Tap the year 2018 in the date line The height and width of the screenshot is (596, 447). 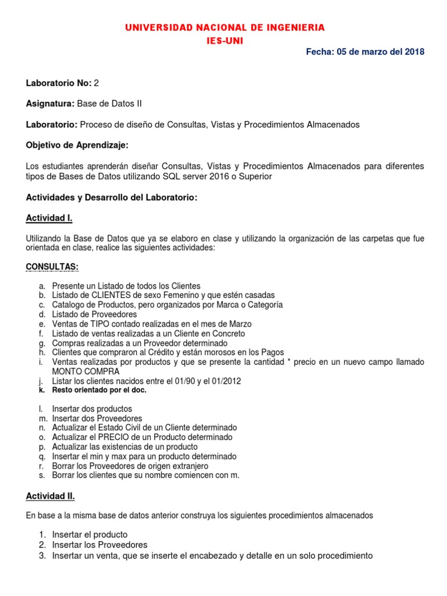tap(415, 52)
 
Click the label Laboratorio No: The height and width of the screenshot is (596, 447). tap(58, 83)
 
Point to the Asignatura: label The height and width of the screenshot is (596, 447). tap(51, 104)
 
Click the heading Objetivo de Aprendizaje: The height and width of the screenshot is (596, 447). tap(77, 145)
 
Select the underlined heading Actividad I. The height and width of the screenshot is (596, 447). tap(49, 218)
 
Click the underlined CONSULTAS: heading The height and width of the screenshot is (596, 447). tap(52, 267)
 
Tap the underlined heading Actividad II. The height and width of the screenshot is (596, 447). tap(51, 496)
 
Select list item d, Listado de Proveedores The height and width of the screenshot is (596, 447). tap(94, 314)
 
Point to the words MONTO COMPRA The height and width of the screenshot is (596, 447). tap(86, 371)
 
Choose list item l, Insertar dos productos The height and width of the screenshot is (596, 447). tap(92, 409)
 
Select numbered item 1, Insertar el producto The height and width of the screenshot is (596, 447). tap(90, 534)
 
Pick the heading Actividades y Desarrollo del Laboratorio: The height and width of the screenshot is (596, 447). tap(112, 198)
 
